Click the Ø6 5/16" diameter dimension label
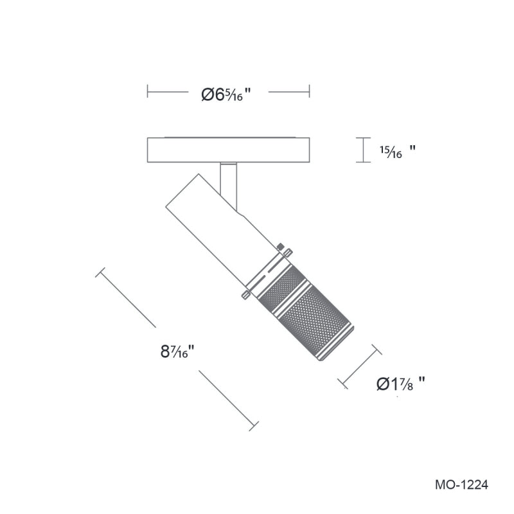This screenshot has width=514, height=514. coord(226,94)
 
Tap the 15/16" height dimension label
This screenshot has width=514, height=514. coord(398,152)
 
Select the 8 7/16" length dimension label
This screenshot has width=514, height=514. coord(178,351)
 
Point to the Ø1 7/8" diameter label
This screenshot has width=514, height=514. coord(400,383)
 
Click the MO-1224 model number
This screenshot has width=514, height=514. coord(461,484)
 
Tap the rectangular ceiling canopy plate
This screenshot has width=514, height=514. coord(229,150)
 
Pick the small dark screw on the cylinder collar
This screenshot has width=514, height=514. coord(280,246)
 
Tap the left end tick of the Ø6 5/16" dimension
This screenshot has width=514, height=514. coord(148,91)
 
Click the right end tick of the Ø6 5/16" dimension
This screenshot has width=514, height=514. coord(309,91)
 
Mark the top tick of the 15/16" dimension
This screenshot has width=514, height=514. coord(363,138)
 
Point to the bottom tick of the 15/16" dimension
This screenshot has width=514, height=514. coord(363,162)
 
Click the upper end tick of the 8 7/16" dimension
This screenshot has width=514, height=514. coord(100,272)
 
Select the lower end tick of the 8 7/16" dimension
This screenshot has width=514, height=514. coord(254,426)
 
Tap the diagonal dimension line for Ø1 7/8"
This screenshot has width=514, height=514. coord(360,366)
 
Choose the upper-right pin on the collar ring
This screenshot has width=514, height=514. coord(288,253)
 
